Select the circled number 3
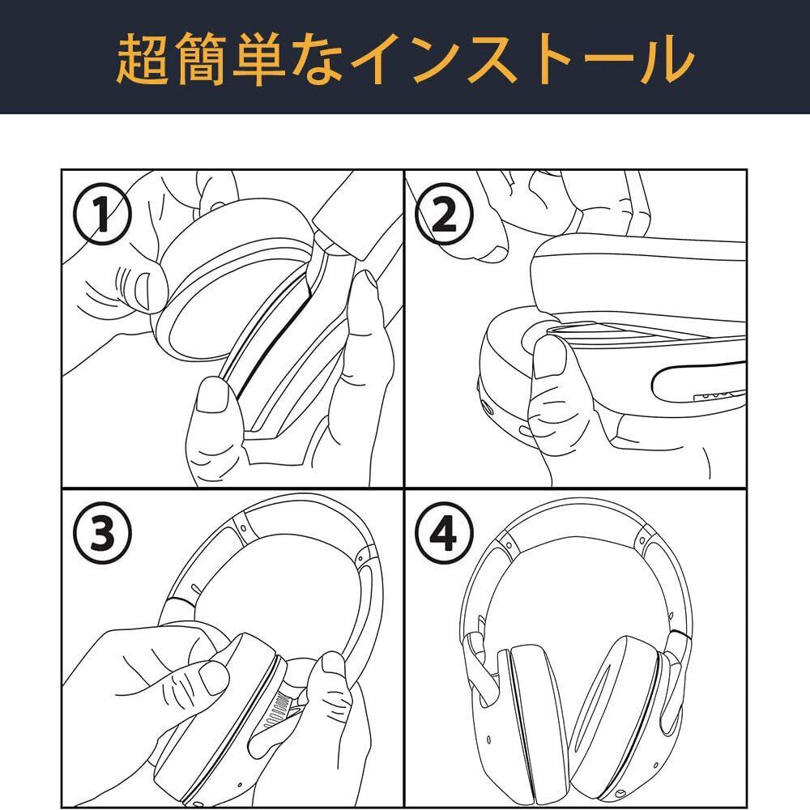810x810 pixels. pyautogui.click(x=102, y=534)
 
